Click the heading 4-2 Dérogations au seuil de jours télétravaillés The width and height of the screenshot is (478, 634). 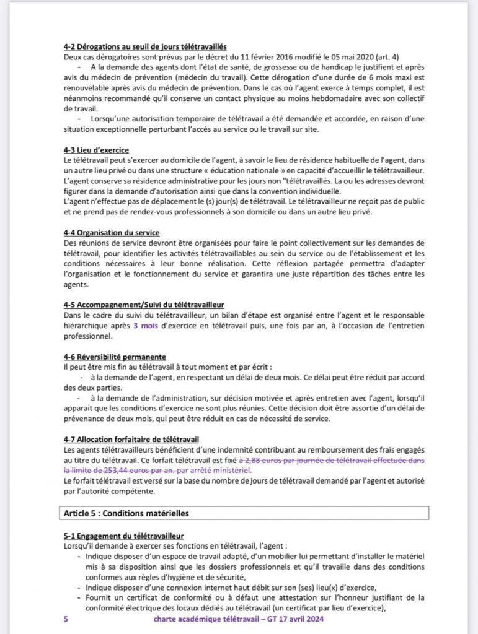point(144,46)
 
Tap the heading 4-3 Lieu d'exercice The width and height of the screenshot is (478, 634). point(96,150)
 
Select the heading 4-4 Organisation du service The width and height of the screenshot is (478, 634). point(112,232)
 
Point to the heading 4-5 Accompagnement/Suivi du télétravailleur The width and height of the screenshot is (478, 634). point(144,305)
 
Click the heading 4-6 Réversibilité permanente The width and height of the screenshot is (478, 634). point(115,357)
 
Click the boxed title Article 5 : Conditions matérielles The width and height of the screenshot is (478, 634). point(126,513)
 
